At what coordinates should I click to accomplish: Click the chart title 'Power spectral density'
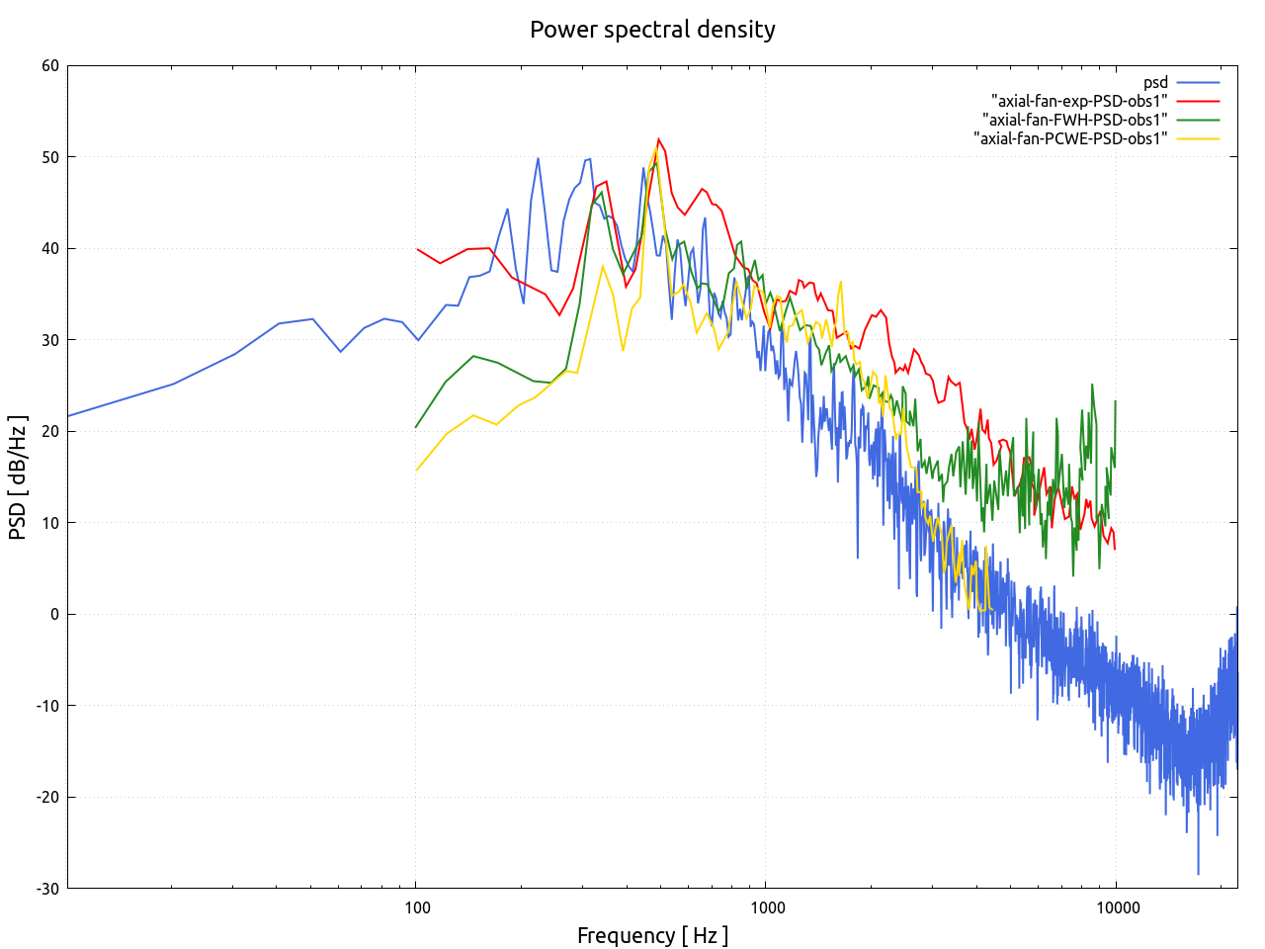click(x=652, y=30)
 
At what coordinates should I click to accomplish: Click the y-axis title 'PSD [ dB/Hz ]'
click(x=18, y=477)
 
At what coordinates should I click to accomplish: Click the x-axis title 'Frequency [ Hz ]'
click(x=652, y=935)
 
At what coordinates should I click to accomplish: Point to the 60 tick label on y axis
click(x=49, y=66)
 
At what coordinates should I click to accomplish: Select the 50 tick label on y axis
click(x=49, y=157)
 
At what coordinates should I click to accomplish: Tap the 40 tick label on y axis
click(x=49, y=249)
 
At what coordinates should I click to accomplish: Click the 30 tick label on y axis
click(x=49, y=340)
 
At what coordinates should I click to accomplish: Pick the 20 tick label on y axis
click(x=49, y=432)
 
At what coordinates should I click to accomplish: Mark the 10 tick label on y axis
click(x=49, y=523)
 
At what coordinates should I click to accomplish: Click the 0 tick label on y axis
click(x=54, y=615)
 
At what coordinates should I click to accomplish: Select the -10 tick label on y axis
click(x=47, y=706)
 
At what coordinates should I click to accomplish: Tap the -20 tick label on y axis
click(x=47, y=798)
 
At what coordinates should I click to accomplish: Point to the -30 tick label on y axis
click(x=47, y=889)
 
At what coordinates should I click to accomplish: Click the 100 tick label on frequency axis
click(x=416, y=908)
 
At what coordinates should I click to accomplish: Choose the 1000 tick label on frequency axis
click(x=766, y=908)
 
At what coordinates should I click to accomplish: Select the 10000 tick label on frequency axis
click(x=1116, y=908)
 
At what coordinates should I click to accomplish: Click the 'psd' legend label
click(x=1155, y=83)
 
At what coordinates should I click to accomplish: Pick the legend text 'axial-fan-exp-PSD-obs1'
click(x=1079, y=101)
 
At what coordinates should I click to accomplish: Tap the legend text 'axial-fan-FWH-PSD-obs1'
click(x=1074, y=120)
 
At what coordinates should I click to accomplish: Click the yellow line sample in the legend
click(x=1198, y=138)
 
